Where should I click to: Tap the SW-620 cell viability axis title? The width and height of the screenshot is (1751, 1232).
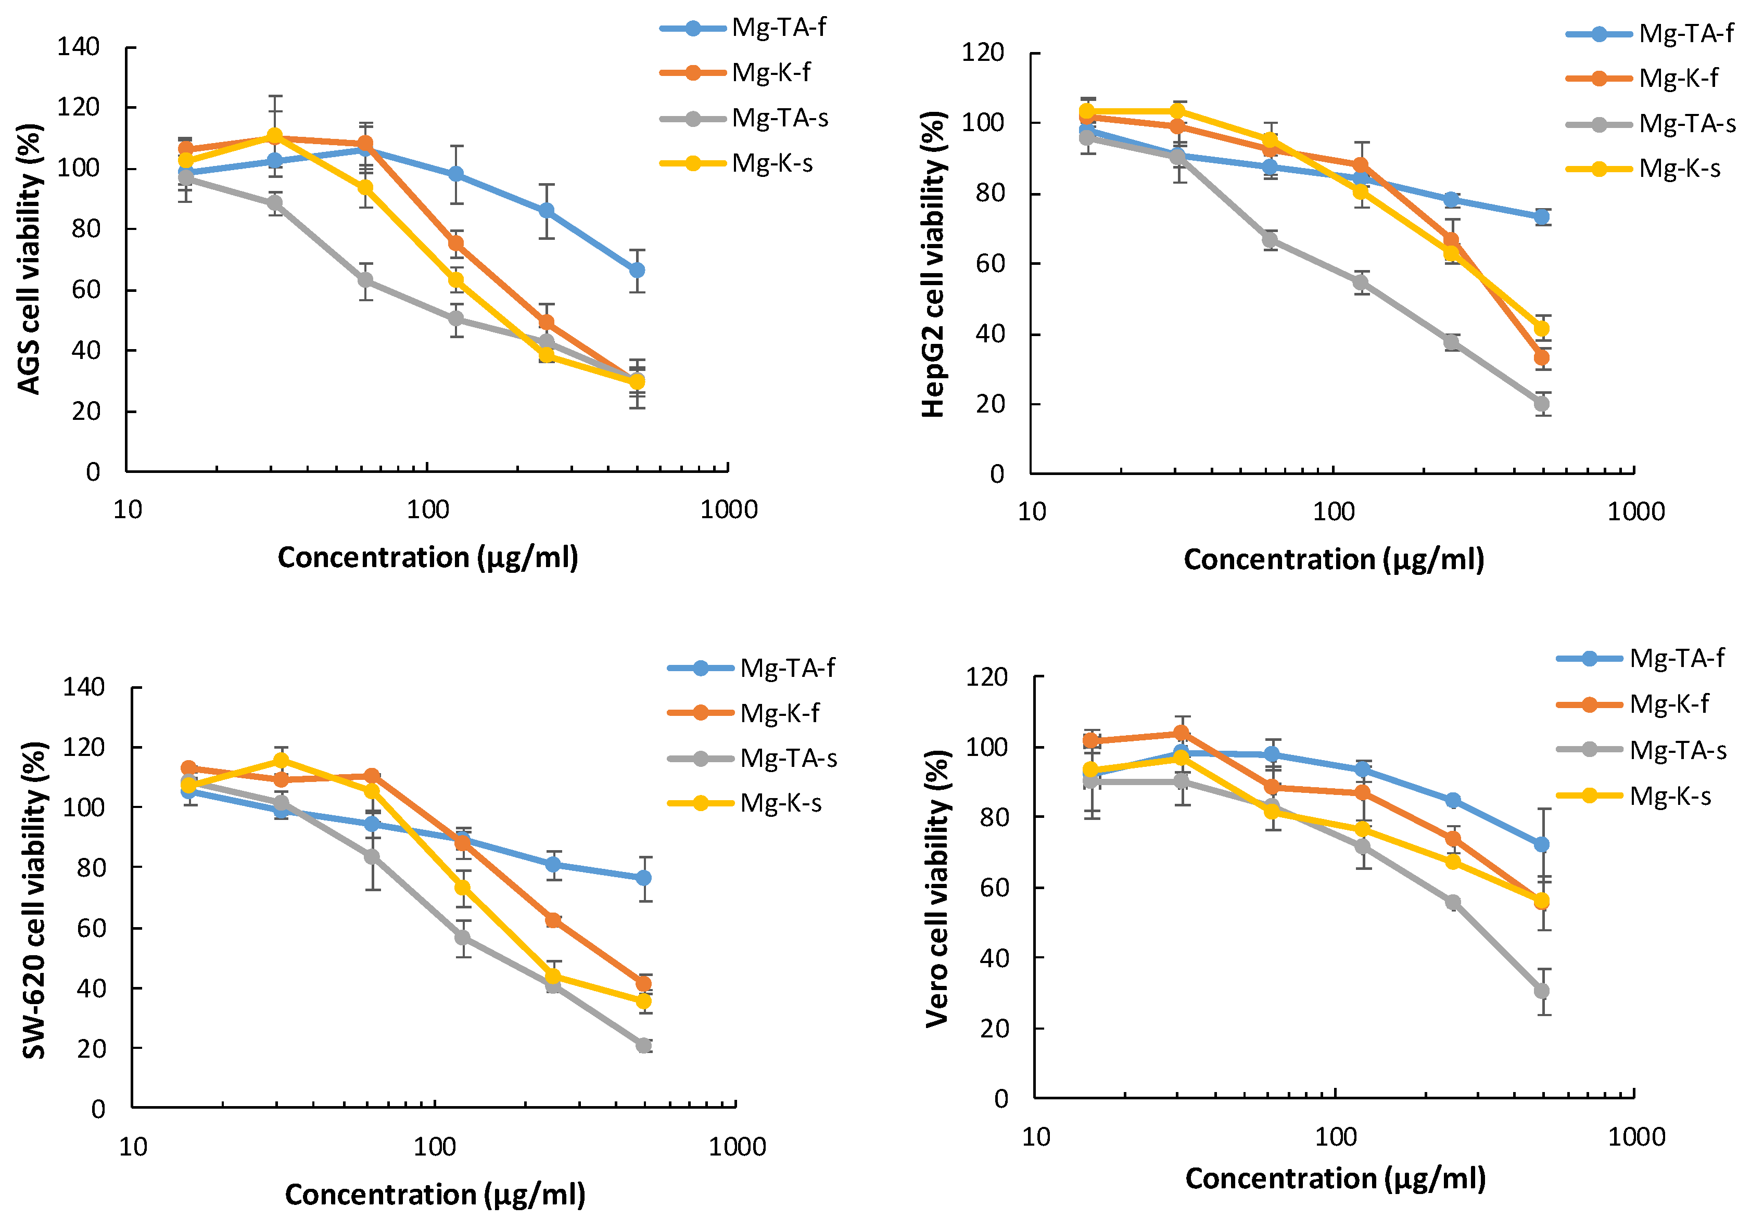34,900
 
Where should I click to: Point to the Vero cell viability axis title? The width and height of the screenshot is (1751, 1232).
938,888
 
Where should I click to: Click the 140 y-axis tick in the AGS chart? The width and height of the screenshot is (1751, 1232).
79,47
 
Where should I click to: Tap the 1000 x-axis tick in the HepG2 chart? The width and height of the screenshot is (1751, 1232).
1636,511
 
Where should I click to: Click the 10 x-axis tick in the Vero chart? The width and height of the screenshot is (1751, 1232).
1036,1137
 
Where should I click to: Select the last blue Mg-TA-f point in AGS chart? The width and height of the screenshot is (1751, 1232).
637,271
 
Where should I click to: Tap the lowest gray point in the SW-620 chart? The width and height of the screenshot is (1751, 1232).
644,1045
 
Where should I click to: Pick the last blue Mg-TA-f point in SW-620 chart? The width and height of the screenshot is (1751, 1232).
644,878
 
